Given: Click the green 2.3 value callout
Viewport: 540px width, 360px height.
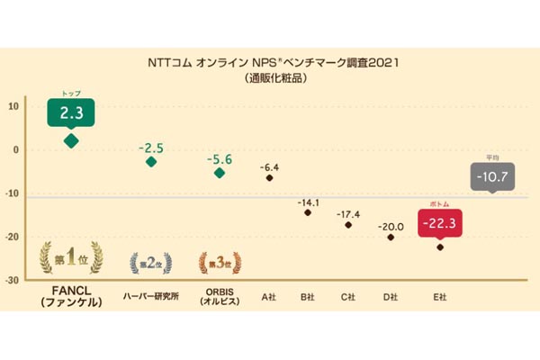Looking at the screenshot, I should coord(70,112).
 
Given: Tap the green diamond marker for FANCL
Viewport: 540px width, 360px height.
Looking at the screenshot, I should coord(70,140).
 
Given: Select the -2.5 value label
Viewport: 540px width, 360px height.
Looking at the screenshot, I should coord(150,147).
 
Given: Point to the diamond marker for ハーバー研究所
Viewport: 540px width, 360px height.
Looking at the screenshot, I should coord(151,162).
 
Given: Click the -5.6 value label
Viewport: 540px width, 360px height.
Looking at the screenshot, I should coord(219,159).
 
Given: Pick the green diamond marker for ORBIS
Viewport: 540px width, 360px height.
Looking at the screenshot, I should coord(220,173).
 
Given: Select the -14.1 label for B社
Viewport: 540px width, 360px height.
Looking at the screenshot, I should coord(309,202).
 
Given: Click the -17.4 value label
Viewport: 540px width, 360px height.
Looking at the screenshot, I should coord(348,214).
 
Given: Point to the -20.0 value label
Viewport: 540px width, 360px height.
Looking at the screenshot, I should coord(390,226).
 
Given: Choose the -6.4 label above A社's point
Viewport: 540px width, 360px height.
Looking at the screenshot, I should coord(270,167).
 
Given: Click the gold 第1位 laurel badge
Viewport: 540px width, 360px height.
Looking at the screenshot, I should coord(70,260).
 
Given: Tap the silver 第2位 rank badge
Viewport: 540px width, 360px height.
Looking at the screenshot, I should coord(151,263).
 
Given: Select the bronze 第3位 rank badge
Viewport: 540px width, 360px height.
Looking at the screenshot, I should coord(219,263).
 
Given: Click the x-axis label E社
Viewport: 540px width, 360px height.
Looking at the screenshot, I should coord(439,296).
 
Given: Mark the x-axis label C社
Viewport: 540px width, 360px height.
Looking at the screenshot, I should coord(349,296).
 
